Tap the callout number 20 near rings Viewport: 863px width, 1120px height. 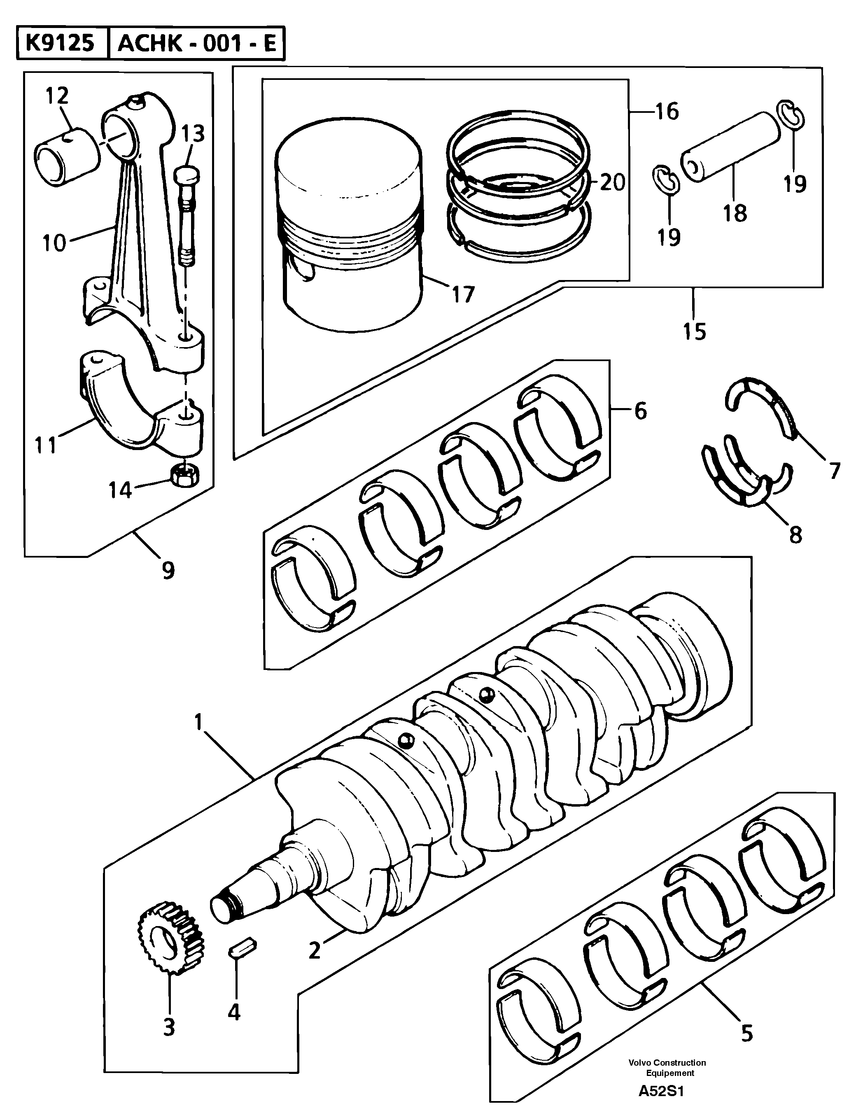pos(613,182)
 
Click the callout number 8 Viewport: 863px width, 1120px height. pos(795,535)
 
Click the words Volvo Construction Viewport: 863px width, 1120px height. pos(667,1063)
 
